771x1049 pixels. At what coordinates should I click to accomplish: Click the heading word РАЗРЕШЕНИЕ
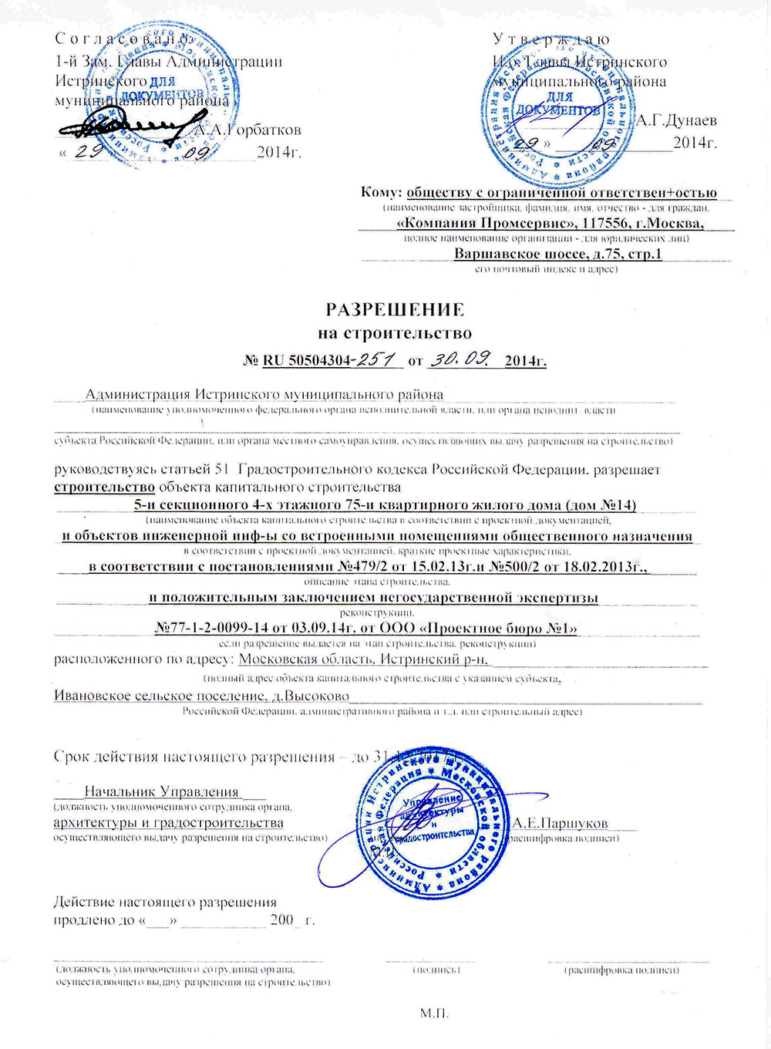[395, 309]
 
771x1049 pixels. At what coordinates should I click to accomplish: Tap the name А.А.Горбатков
[246, 130]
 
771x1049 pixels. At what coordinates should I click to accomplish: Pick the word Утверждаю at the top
[551, 39]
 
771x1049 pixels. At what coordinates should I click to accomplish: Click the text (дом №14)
[601, 505]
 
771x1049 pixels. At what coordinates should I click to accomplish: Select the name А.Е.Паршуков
[560, 823]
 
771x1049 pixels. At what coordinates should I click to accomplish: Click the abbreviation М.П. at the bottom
[434, 1013]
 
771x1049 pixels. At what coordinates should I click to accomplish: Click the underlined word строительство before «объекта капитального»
[104, 487]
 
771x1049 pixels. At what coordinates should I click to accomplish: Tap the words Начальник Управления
[162, 791]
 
